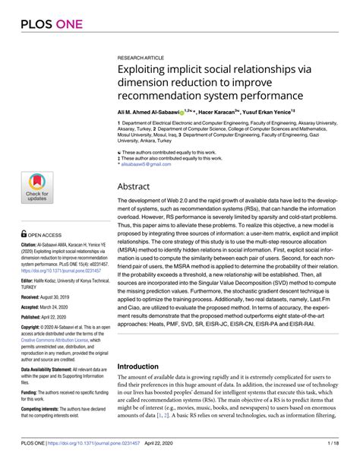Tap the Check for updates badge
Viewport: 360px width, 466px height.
pos(36,189)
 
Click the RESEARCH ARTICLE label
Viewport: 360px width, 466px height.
pos(141,57)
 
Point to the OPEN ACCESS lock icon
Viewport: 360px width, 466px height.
pos(13,236)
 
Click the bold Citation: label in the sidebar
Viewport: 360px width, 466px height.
pos(19,248)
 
